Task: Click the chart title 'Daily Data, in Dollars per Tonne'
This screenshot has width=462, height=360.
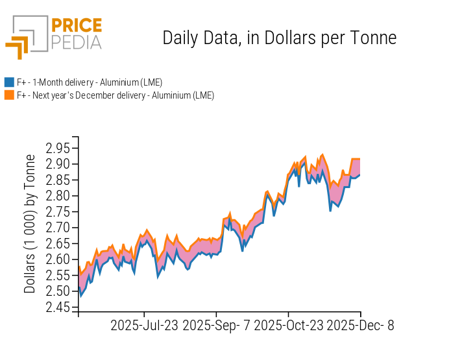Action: point(279,38)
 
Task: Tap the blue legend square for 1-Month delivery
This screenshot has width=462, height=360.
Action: point(9,82)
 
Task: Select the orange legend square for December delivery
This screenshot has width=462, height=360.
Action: point(9,95)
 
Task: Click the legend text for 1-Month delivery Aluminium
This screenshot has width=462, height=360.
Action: point(90,82)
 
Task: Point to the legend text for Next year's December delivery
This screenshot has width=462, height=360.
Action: point(115,95)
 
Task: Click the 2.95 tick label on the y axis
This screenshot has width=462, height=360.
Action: point(58,148)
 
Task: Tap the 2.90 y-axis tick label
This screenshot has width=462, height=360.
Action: point(58,164)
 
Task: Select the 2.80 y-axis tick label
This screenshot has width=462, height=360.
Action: point(58,196)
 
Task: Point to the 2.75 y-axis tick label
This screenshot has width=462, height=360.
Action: point(58,211)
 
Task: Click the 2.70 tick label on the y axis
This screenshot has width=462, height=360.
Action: point(58,228)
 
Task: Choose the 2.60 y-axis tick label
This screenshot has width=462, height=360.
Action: point(58,259)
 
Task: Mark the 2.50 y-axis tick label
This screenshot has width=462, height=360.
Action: point(58,291)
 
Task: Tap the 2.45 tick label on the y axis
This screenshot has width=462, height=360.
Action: point(58,307)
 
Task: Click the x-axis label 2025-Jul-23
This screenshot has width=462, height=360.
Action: point(145,326)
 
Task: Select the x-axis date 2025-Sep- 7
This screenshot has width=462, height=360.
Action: point(217,326)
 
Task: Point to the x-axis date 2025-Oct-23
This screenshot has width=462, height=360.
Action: point(288,326)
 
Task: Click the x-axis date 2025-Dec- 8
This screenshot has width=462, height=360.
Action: point(360,326)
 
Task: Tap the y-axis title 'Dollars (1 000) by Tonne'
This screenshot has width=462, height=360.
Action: point(30,224)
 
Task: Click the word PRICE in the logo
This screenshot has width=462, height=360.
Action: point(76,26)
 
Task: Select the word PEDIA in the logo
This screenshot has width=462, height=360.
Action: point(76,42)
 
